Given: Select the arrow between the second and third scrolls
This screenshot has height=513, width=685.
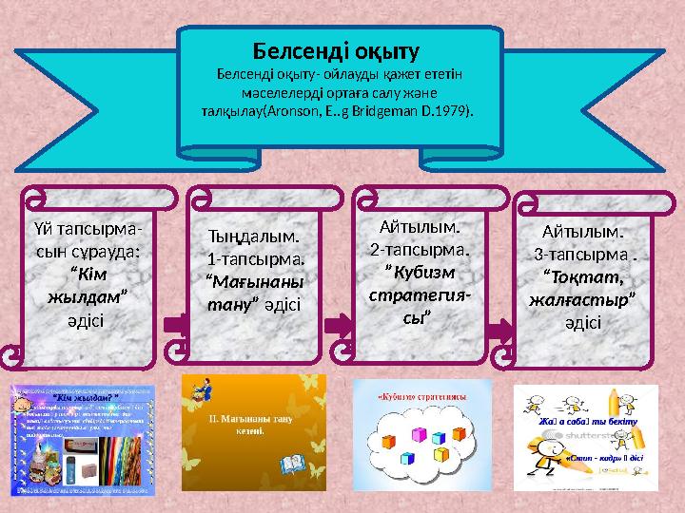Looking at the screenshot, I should click(x=338, y=326).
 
